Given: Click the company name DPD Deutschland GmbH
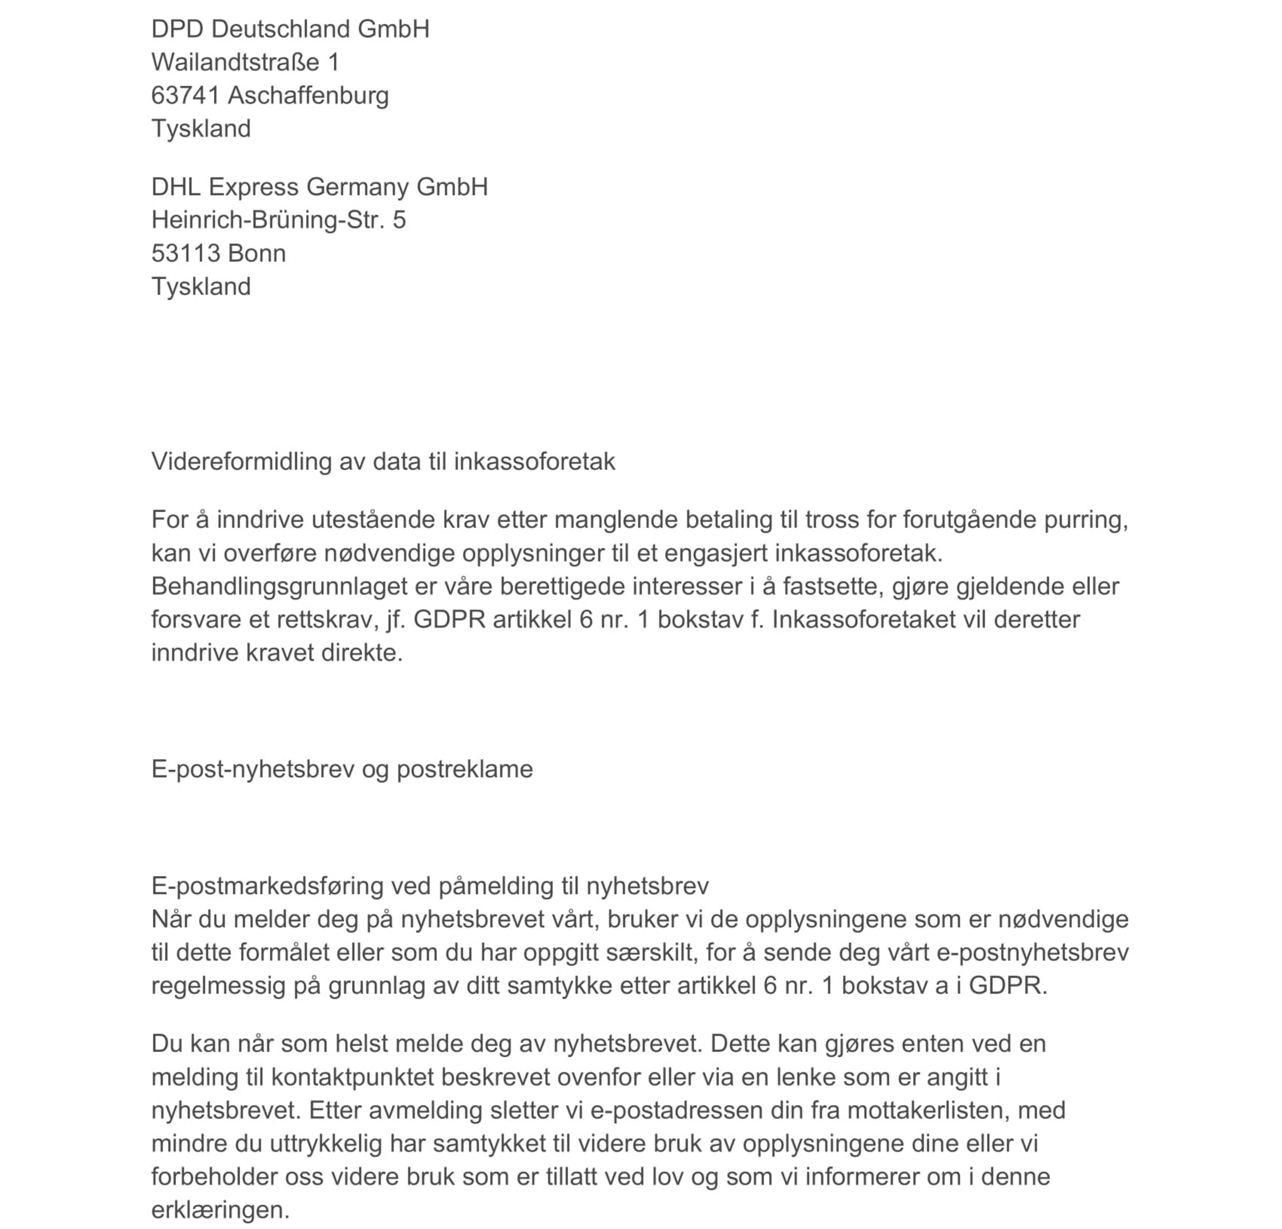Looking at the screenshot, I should click(290, 30).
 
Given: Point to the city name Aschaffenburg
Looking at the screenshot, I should click(308, 95).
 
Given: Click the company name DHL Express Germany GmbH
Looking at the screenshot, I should click(319, 187).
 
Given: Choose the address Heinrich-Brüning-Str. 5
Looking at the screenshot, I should click(278, 220).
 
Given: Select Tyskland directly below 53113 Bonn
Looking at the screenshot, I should click(201, 287).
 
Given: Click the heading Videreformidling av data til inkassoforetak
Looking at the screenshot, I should click(383, 462).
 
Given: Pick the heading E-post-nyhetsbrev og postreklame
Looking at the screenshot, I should click(341, 769).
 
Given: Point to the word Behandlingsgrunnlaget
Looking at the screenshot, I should click(279, 586).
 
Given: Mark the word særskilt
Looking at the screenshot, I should click(649, 952).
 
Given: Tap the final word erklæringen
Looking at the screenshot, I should click(220, 1210).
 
